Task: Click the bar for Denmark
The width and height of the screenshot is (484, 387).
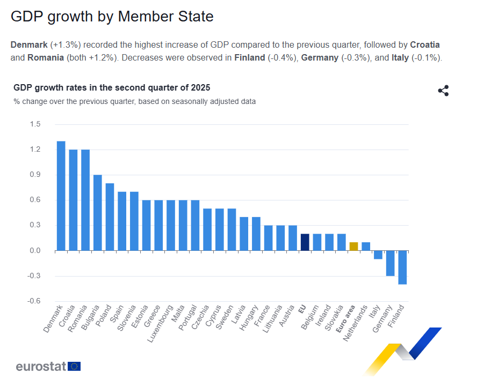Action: [61, 196]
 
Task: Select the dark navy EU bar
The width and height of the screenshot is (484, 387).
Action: [305, 242]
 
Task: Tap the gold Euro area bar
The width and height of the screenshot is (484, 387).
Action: [353, 247]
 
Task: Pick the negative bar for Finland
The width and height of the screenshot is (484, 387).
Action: [402, 267]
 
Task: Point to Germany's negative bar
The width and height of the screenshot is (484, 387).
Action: [390, 263]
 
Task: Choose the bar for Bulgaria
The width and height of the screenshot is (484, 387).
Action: [97, 213]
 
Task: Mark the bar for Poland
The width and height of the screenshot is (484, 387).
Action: [110, 217]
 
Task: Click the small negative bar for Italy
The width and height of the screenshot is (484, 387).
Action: [378, 255]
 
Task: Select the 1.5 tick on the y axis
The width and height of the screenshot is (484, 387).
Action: [35, 124]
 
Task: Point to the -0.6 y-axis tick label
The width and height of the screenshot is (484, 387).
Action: [34, 301]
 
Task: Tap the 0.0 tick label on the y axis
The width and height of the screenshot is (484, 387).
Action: [35, 251]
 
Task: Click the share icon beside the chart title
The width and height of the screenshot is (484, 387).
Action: [443, 91]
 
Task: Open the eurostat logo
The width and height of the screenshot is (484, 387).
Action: [48, 367]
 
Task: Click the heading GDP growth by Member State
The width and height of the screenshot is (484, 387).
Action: [112, 17]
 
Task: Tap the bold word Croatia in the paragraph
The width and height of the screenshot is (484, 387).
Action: [425, 44]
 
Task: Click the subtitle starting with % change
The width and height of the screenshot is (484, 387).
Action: [135, 101]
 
